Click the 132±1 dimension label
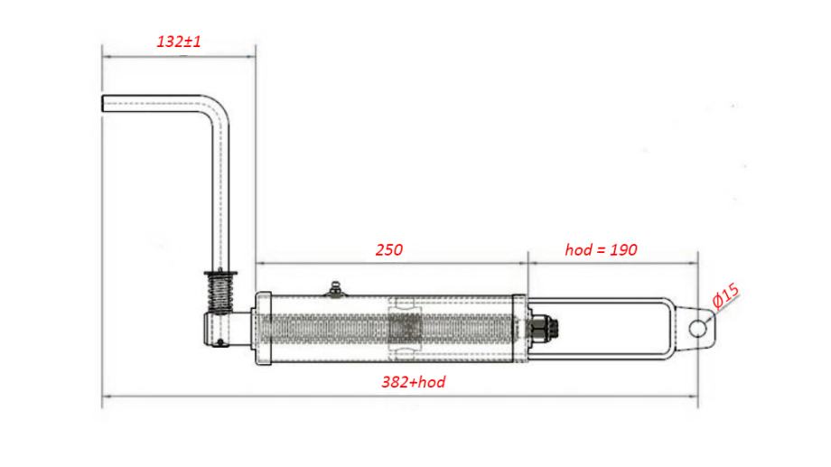coord(179,42)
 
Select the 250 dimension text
coord(389,249)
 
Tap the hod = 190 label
coord(601,249)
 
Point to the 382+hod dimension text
coord(414,382)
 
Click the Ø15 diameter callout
coord(725,297)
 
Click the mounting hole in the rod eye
coord(698,329)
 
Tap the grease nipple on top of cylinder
coord(335,290)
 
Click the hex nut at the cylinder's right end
coord(542,329)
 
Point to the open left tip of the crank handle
coord(103,103)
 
